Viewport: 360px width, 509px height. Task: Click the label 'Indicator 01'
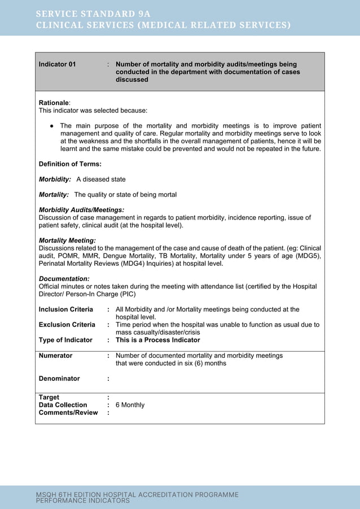(57, 64)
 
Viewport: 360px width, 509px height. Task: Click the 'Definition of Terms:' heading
(70, 164)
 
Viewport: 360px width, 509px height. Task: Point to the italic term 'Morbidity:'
(55, 179)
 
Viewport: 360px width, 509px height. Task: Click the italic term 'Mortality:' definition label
(54, 195)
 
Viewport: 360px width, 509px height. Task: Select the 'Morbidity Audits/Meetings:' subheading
(81, 210)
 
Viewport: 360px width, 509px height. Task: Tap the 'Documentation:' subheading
(64, 279)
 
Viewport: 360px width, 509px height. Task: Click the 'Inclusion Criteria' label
(65, 309)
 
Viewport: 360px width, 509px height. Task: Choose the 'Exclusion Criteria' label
(67, 324)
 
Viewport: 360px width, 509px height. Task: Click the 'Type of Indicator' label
(65, 340)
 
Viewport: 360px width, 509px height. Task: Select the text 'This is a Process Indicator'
(157, 340)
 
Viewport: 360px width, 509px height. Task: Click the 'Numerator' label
(55, 356)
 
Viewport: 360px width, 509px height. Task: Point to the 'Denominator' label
(59, 379)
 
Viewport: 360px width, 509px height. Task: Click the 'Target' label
(49, 397)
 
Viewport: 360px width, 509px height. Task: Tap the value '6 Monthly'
(130, 405)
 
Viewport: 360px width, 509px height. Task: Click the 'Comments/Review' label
(68, 413)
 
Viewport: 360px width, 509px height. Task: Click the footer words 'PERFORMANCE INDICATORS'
(83, 501)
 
